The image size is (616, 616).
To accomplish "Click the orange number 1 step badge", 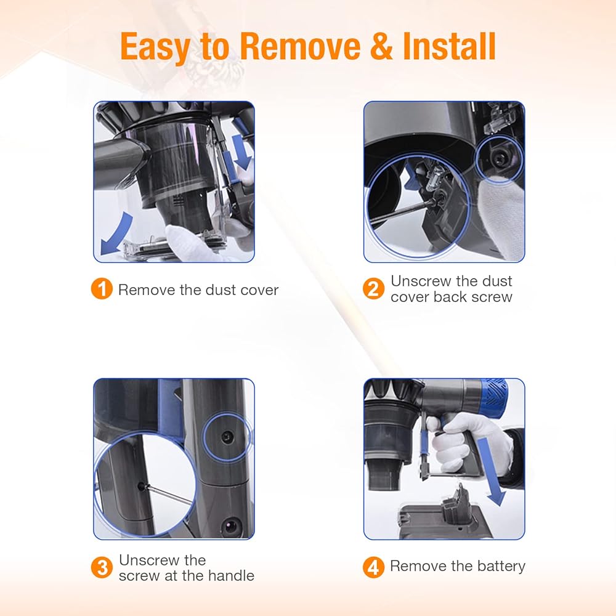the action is coord(102,289).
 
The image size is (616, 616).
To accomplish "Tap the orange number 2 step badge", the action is coord(373,289).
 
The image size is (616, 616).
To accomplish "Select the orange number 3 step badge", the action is coord(102,567).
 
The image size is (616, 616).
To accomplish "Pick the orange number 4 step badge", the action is coord(373,567).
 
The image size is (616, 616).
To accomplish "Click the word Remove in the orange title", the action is coord(300,46).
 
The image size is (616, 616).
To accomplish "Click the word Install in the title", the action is coord(449,46).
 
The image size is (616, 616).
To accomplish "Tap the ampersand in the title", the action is coord(382,46).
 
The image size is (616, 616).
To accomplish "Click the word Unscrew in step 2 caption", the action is coord(421,281).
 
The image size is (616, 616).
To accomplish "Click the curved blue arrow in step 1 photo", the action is coord(116,233).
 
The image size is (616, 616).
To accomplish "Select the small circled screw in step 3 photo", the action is coord(227,437).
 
